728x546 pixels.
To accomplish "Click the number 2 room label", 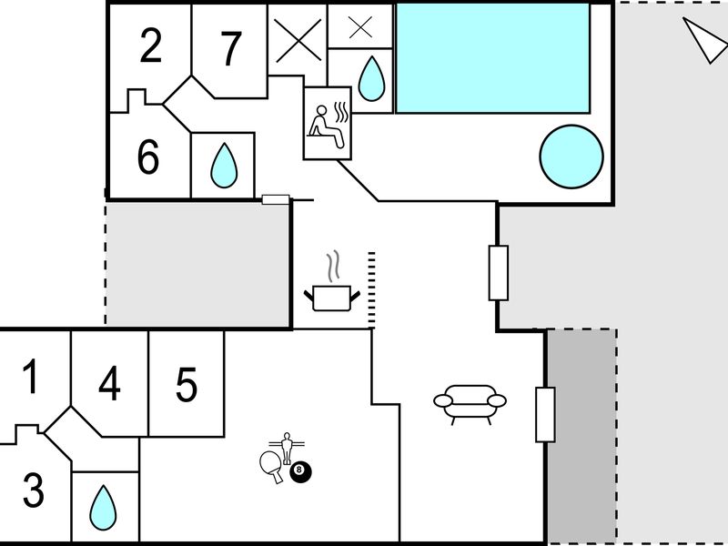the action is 151,45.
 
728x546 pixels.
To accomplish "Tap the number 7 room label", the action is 231,49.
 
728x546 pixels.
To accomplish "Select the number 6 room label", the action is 148,157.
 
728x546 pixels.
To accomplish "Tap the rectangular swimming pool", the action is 492,58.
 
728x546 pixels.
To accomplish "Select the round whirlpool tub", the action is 571,157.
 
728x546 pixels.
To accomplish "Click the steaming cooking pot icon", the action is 331,283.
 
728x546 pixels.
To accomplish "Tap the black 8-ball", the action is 301,471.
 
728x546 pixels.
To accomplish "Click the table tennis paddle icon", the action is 271,467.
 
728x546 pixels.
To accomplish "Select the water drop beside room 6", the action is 224,166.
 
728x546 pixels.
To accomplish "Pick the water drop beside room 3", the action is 103,508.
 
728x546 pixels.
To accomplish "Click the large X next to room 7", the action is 298,40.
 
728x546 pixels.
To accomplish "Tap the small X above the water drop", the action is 360,27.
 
